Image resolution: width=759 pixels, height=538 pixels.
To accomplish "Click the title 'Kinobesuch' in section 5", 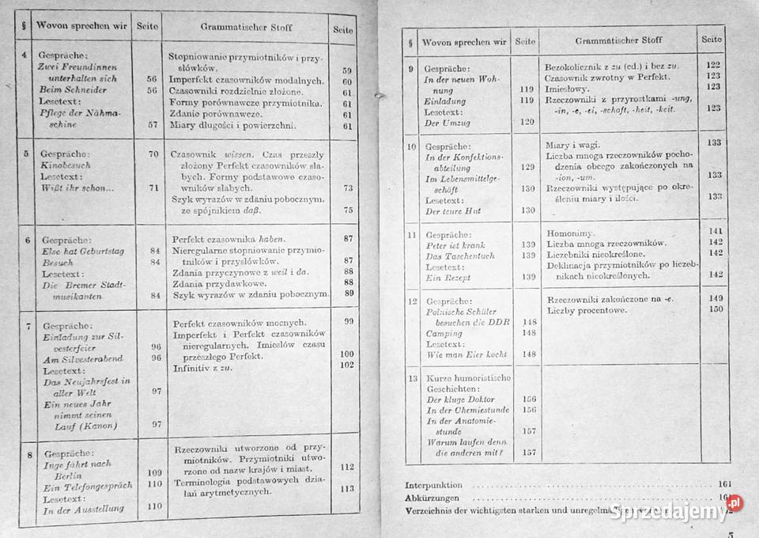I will (x=66, y=166).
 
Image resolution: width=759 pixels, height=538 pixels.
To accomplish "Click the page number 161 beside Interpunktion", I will (x=727, y=483).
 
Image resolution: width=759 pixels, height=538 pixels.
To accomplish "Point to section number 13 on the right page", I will (x=411, y=378).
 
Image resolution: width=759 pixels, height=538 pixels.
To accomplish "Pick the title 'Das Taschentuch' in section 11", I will (x=459, y=256).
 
